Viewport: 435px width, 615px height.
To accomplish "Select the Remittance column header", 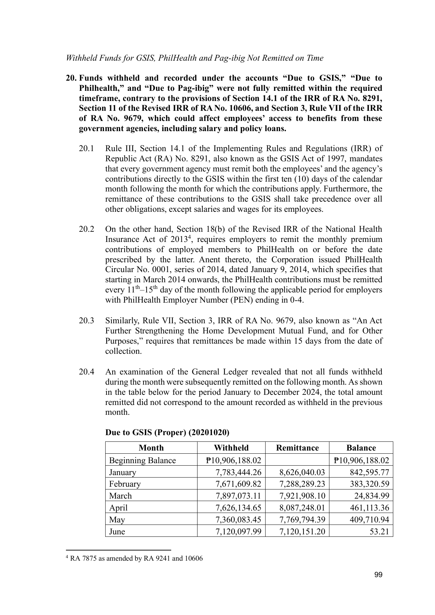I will tap(297, 448).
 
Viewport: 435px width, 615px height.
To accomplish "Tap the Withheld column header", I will tap(231, 448).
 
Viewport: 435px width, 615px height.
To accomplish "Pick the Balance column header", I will tap(361, 448).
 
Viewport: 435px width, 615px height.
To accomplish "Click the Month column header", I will tap(151, 448).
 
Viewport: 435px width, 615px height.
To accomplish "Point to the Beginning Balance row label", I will tap(142, 460).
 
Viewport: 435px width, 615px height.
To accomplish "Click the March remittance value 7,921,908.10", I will tap(302, 496).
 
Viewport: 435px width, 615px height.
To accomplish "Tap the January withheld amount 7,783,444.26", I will tap(238, 472).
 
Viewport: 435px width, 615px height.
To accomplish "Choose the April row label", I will tap(118, 508).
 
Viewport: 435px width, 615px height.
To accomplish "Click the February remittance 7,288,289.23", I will tap(302, 484).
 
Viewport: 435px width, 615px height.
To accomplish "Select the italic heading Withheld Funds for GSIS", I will tap(195, 58).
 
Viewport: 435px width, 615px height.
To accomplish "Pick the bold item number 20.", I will tap(71, 78).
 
